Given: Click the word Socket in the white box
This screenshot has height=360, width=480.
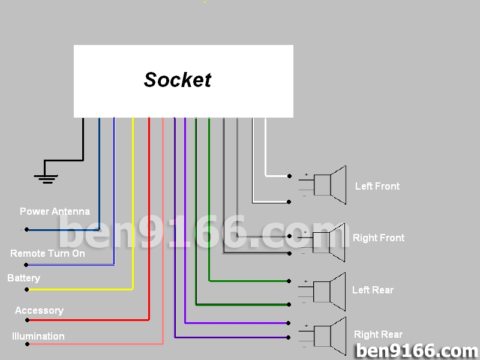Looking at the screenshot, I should click(x=178, y=80).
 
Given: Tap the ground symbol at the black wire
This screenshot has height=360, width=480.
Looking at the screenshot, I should click(x=46, y=177).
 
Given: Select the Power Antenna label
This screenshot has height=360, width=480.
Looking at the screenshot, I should click(x=55, y=211).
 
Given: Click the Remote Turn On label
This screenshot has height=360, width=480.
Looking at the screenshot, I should click(x=47, y=253).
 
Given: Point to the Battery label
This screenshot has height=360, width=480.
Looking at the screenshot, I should click(x=23, y=278).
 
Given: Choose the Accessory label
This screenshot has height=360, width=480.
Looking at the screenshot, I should click(x=39, y=310).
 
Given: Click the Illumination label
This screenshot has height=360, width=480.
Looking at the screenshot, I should click(x=38, y=336).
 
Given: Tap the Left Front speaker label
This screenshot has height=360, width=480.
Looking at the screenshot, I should click(x=377, y=186).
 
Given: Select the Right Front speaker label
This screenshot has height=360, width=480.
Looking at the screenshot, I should click(x=378, y=238).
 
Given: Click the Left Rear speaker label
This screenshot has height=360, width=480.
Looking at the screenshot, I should click(x=373, y=290).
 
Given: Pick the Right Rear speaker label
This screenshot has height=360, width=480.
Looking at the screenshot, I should click(x=378, y=334).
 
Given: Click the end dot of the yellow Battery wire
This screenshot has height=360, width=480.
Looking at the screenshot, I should click(x=26, y=289).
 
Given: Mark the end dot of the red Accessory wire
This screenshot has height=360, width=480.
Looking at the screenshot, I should click(x=26, y=320).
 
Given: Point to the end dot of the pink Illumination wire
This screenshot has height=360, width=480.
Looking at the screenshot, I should click(x=26, y=344).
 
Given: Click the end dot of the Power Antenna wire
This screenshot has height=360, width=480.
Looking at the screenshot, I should click(x=26, y=230).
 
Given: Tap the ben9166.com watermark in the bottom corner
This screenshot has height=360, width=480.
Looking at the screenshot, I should click(x=416, y=350).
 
